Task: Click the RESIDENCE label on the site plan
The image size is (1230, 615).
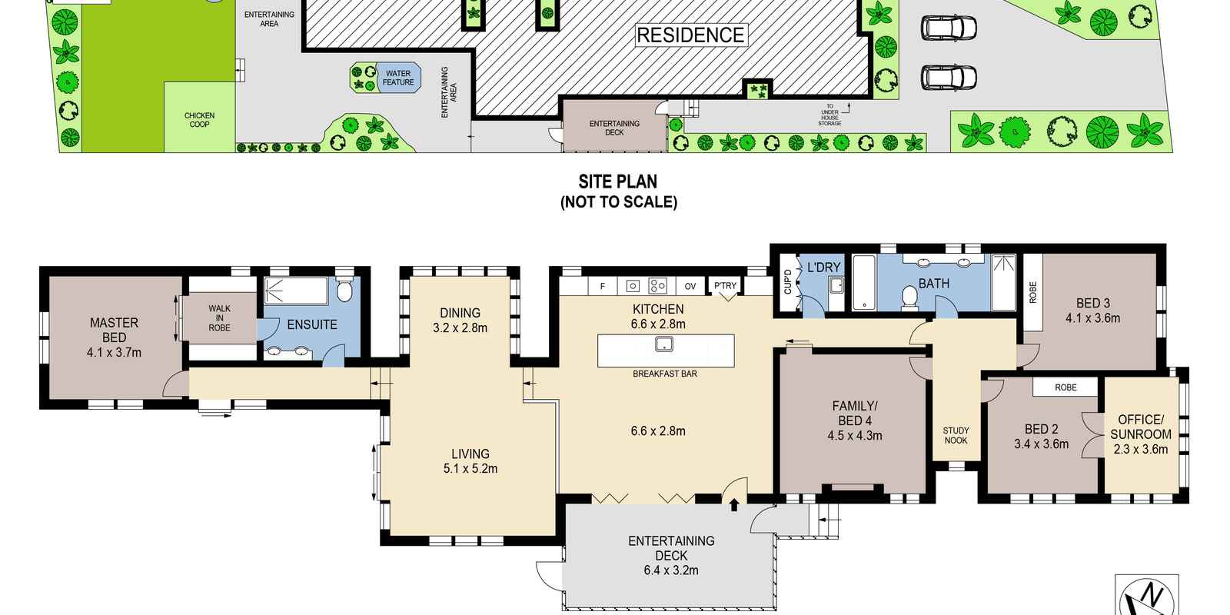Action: coord(691,35)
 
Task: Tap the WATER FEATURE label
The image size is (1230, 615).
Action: coord(398,78)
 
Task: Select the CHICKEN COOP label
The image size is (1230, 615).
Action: coord(199,120)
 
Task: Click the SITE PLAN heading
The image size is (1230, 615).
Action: coord(618,181)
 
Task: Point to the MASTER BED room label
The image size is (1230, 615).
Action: coord(115,330)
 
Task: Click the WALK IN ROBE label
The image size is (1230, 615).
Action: coord(220,318)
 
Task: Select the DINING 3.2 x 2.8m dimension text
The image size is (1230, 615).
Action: coord(460,327)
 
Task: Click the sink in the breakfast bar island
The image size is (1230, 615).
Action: coord(664,344)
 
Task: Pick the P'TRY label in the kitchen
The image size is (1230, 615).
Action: coord(726,285)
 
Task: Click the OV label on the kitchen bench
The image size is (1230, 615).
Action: coord(690,286)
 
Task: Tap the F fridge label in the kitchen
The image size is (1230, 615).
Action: coord(603,286)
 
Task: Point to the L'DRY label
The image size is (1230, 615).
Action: coord(823,268)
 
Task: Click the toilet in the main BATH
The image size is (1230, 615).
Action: coord(910,298)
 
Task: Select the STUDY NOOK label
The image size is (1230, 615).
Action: coord(956,435)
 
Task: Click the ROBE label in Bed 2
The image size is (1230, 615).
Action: coord(1065,387)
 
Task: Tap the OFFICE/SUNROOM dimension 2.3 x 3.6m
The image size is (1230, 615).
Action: coord(1141,449)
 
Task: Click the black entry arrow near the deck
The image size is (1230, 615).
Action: coord(734,504)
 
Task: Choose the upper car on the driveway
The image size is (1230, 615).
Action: coord(949,28)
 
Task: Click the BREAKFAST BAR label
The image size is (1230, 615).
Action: coord(665,374)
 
